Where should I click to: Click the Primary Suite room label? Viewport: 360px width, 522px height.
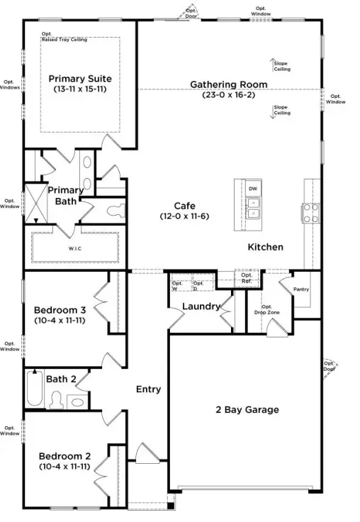pyautogui.click(x=80, y=79)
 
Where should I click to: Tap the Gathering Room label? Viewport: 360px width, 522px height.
pyautogui.click(x=229, y=84)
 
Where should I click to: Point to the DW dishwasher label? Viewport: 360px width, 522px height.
pyautogui.click(x=253, y=189)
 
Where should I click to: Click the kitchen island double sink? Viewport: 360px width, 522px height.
pyautogui.click(x=253, y=207)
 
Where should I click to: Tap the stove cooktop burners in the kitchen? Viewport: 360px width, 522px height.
pyautogui.click(x=310, y=211)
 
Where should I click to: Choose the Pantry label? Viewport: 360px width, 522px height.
pyautogui.click(x=301, y=289)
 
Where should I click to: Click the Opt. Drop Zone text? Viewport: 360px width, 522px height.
pyautogui.click(x=266, y=309)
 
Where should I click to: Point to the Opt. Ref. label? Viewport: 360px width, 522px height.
pyautogui.click(x=247, y=279)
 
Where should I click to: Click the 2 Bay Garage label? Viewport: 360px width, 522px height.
pyautogui.click(x=247, y=409)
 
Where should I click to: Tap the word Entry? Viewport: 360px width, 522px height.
pyautogui.click(x=148, y=389)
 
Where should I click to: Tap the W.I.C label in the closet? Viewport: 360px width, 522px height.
pyautogui.click(x=74, y=248)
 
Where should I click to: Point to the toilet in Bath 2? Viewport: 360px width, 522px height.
pyautogui.click(x=57, y=400)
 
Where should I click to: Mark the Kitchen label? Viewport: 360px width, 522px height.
pyautogui.click(x=266, y=247)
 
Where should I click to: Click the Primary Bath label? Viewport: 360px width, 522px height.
pyautogui.click(x=65, y=196)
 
